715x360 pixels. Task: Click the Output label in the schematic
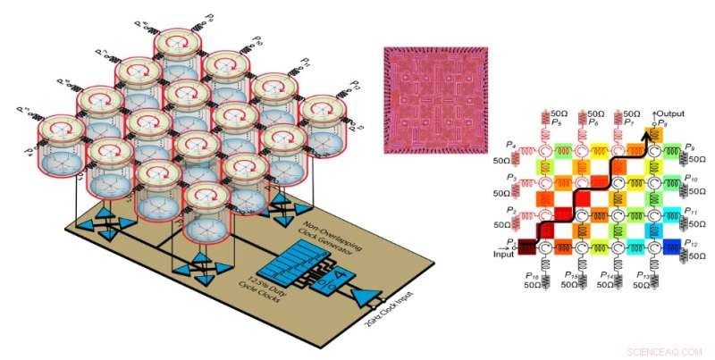click(669, 113)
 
